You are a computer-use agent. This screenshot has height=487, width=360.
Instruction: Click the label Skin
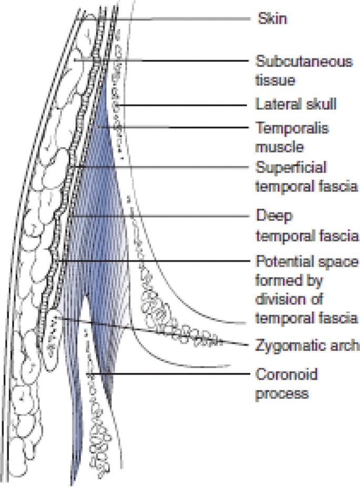tap(271, 19)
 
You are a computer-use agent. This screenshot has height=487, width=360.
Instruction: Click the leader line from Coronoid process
tap(168, 374)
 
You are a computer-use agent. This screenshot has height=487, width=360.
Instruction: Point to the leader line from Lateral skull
tap(184, 105)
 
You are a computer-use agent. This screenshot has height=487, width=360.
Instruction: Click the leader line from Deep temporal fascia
tap(158, 215)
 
